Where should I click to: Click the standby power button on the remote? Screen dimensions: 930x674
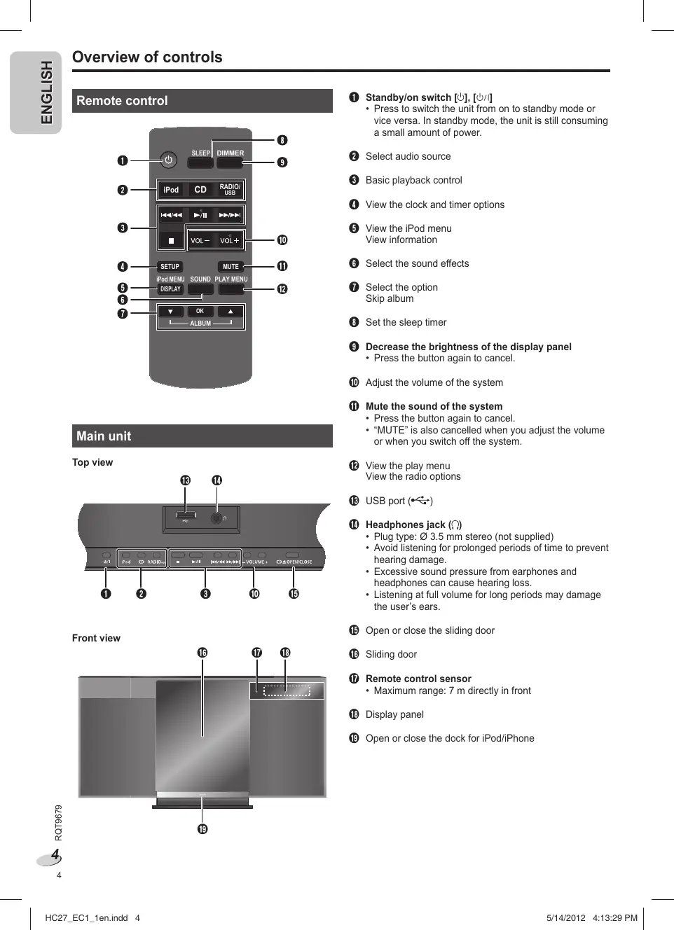coord(168,160)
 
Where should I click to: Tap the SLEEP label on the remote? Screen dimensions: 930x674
coord(200,153)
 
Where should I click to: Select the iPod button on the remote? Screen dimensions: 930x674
coord(171,190)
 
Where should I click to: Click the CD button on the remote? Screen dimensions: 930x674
coord(200,190)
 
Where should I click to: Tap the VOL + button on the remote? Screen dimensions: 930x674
coord(230,240)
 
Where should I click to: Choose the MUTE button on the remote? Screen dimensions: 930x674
coord(231,267)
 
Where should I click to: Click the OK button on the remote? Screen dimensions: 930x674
coord(200,312)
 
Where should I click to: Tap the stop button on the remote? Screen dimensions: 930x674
coord(171,240)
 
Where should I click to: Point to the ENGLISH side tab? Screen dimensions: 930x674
coord(46,92)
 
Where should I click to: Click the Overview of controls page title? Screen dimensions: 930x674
coord(147,57)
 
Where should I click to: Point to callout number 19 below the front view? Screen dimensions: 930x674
coord(202,829)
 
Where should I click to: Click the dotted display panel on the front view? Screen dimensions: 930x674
coord(287,691)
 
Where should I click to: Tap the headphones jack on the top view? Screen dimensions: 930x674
coord(216,518)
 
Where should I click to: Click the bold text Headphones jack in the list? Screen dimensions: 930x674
coord(406,525)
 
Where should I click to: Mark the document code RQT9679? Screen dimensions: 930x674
coord(59,823)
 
